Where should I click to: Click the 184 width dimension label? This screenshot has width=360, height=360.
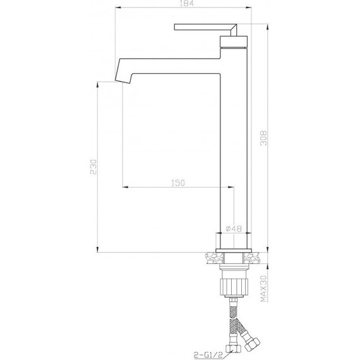(x=186, y=3)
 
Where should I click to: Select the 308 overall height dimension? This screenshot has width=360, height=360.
(x=264, y=138)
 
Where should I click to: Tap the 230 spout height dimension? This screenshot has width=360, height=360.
(x=93, y=167)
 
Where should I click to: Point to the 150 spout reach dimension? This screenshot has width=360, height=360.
(x=178, y=183)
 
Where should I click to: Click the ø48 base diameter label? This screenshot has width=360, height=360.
(x=234, y=229)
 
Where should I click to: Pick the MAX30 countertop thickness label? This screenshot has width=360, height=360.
(x=264, y=289)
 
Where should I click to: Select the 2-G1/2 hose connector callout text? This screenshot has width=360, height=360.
(x=208, y=356)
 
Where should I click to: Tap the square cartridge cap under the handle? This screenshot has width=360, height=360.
(x=234, y=42)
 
